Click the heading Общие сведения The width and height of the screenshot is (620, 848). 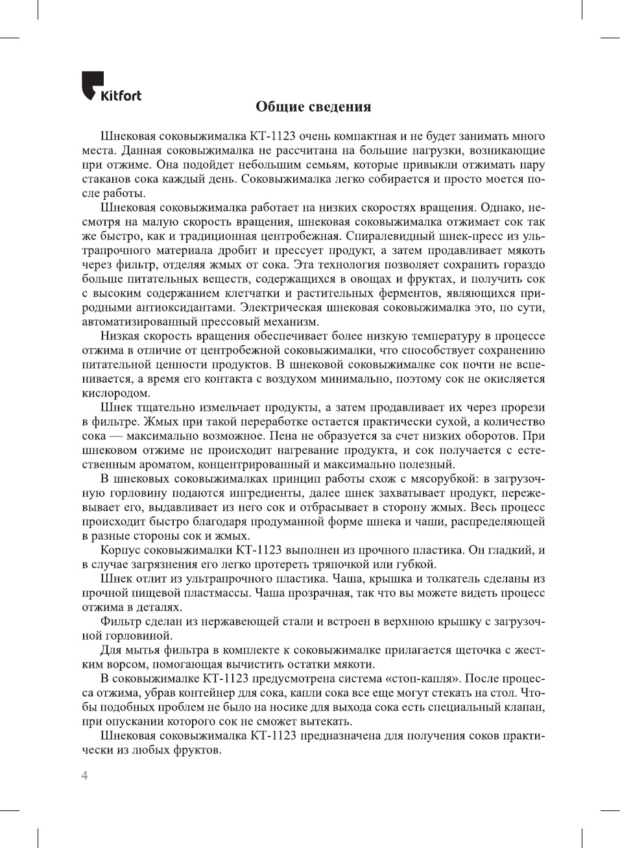(313, 107)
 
